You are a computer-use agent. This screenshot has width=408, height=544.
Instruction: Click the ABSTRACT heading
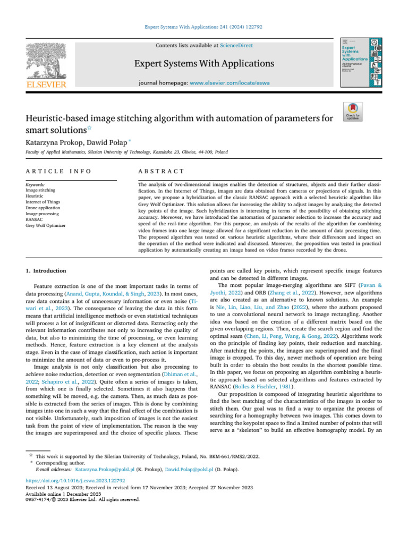pos(161,171)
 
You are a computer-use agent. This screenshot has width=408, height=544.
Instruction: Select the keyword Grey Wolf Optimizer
pos(46,225)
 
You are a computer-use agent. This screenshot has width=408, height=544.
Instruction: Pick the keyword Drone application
pos(43,208)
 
